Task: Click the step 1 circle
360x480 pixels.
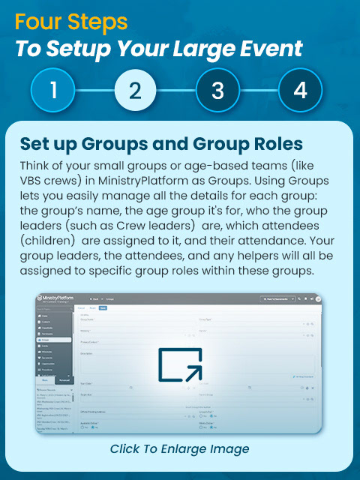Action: (53, 91)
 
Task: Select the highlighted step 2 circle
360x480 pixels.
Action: (136, 91)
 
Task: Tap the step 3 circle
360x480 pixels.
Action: (217, 91)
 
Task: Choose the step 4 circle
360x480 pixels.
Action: (300, 91)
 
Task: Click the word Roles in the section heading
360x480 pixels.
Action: (262, 143)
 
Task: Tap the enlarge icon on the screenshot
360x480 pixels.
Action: (180, 364)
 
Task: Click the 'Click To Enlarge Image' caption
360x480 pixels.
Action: (179, 448)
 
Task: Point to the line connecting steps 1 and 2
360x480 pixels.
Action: (94, 91)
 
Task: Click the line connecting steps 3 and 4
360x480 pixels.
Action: (259, 91)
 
